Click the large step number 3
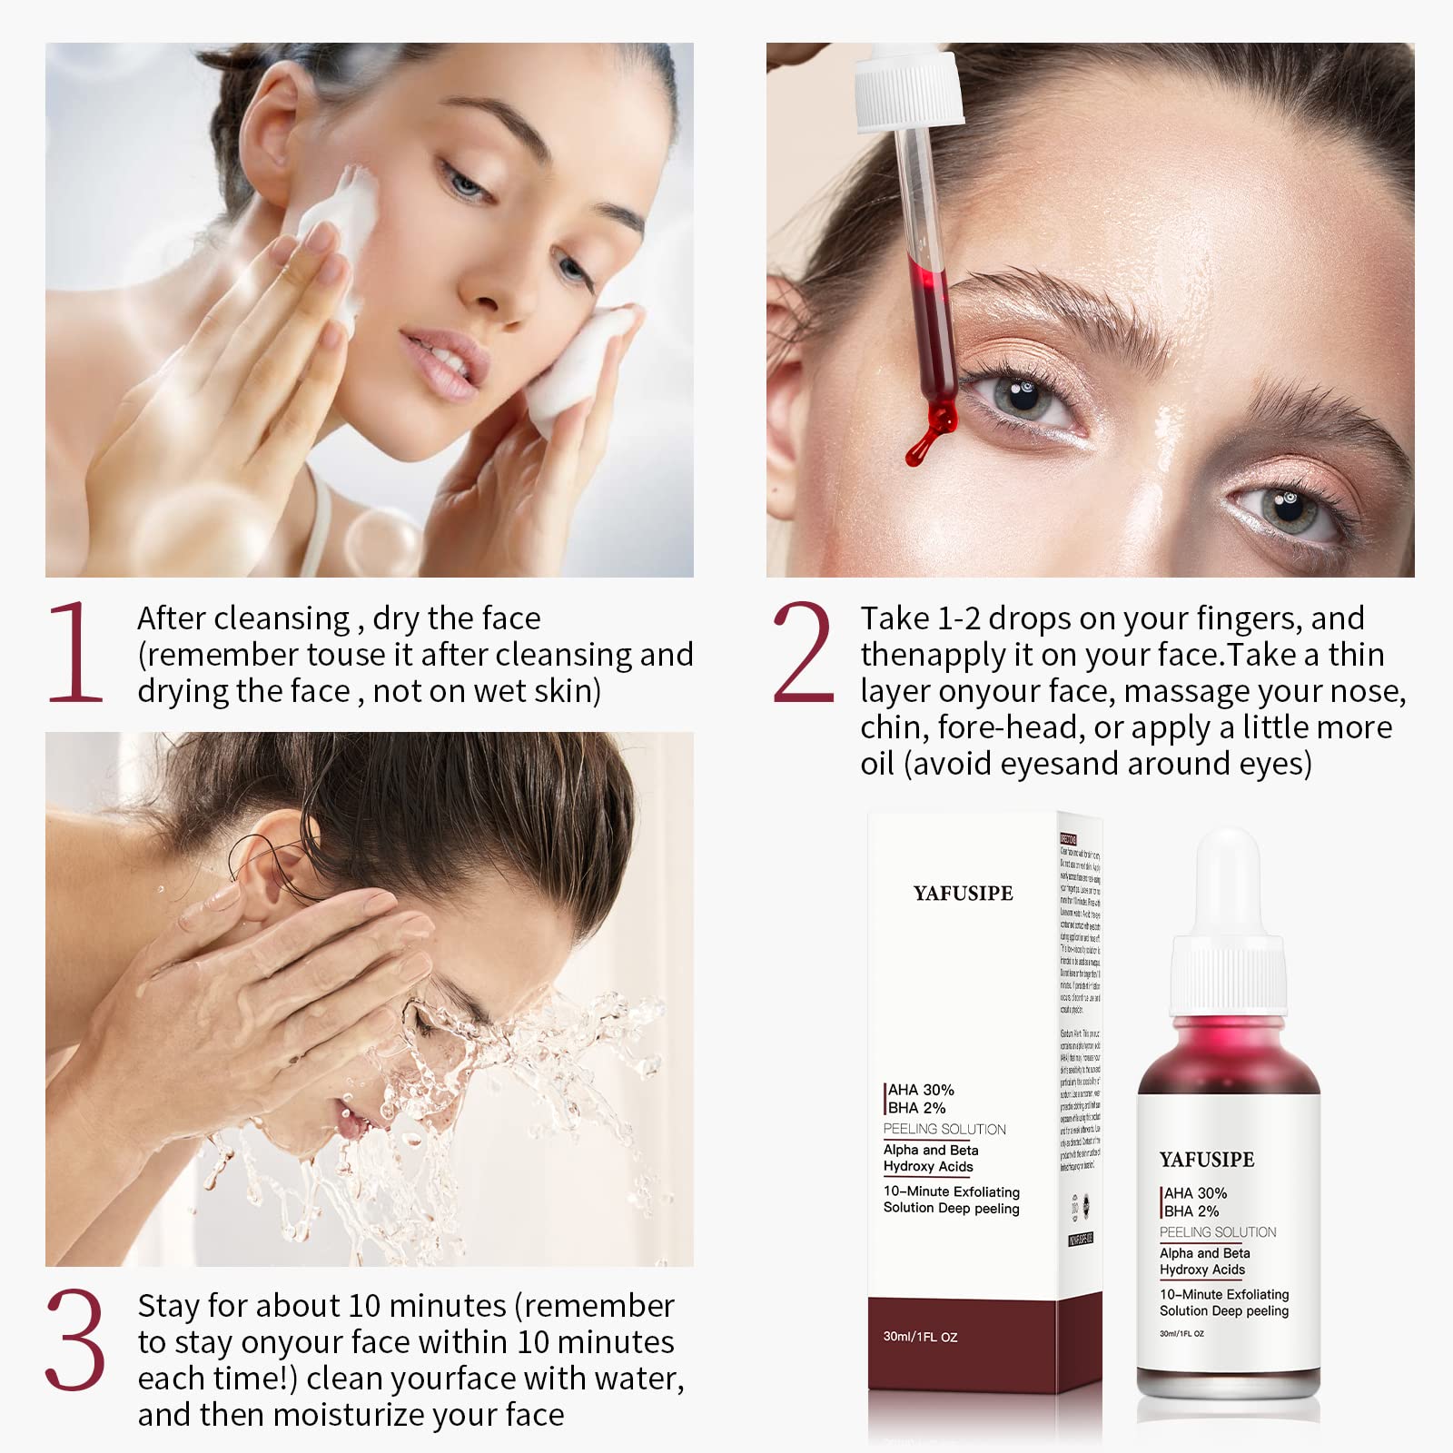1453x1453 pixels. click(x=74, y=1339)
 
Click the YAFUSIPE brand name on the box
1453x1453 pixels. click(x=963, y=894)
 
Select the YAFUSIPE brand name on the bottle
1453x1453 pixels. click(x=1207, y=1160)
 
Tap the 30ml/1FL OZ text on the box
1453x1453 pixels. click(x=920, y=1337)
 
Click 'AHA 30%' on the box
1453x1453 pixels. click(x=921, y=1090)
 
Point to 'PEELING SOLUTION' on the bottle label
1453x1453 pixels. click(x=1218, y=1232)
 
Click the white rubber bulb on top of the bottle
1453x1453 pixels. click(x=1227, y=881)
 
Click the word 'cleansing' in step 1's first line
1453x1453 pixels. click(x=291, y=619)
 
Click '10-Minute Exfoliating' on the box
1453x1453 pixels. click(x=951, y=1191)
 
